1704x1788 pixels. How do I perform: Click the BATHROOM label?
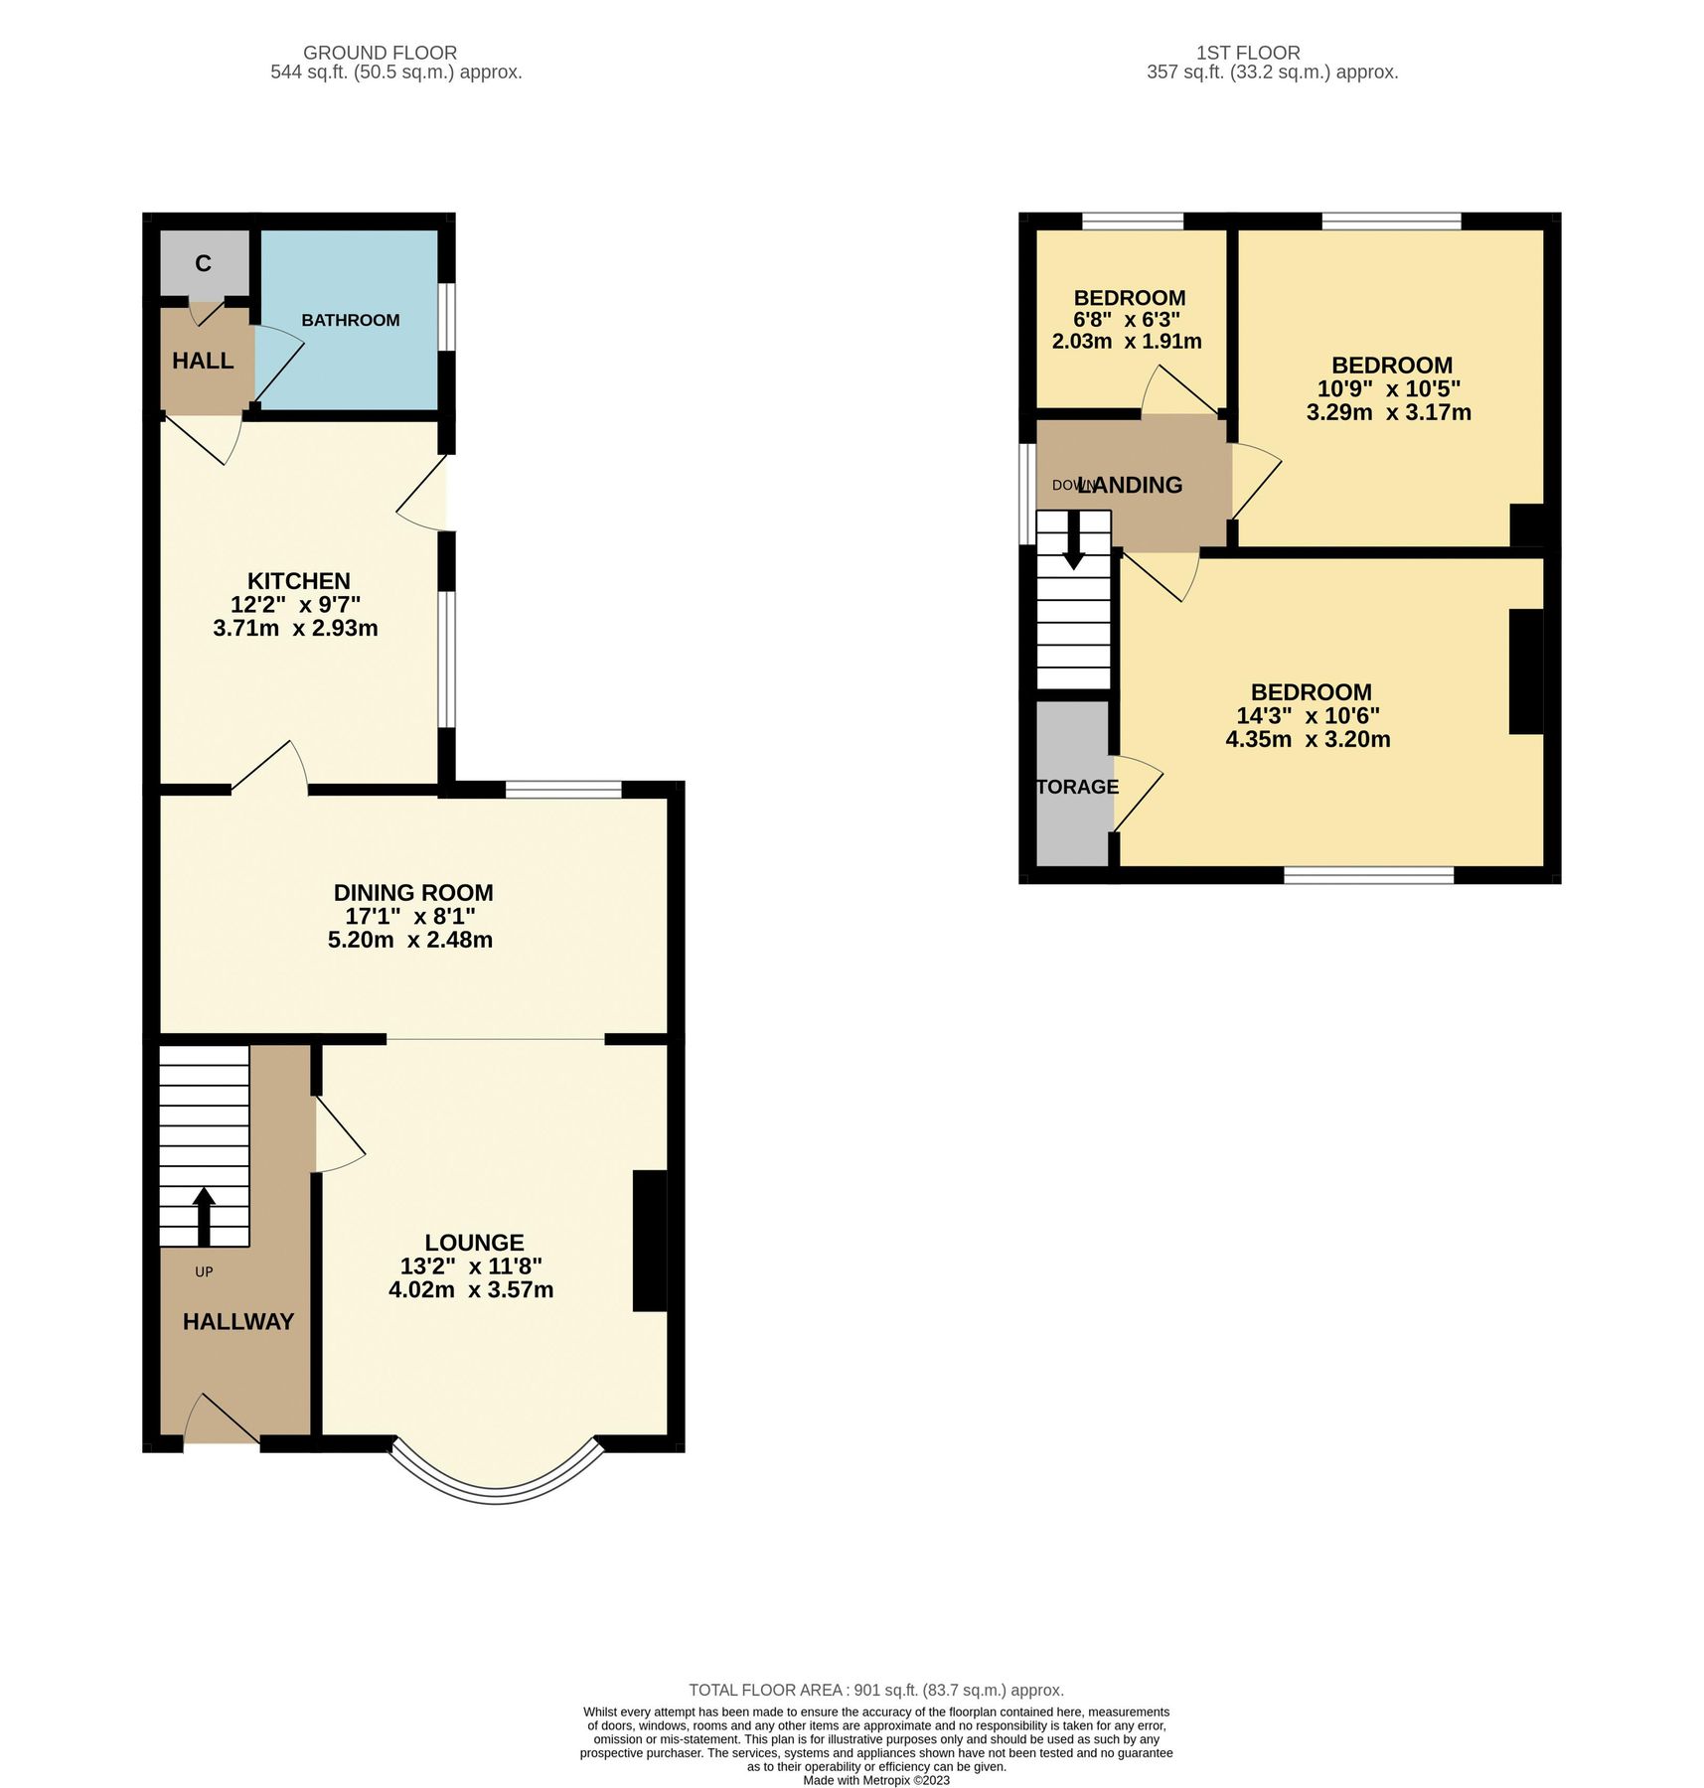(350, 320)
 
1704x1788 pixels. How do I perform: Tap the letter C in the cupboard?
(203, 263)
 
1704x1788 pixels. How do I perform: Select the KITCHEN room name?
(298, 581)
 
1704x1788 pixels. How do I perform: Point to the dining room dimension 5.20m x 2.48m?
(409, 940)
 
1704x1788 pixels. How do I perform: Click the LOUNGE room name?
(474, 1243)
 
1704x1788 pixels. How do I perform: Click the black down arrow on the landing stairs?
(1073, 540)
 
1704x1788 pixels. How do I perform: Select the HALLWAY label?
(238, 1322)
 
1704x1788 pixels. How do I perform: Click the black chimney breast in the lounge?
(649, 1242)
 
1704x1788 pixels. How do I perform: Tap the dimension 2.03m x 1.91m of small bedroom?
(1127, 342)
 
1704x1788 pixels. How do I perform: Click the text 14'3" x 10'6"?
(1308, 716)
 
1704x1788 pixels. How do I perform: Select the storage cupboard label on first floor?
(1077, 787)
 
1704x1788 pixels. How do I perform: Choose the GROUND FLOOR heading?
(380, 53)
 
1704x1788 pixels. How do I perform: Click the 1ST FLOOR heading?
(1248, 53)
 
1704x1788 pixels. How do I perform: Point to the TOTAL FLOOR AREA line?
(876, 1690)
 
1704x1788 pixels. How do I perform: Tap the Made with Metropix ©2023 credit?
(876, 1780)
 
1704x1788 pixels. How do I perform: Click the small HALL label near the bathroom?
(203, 361)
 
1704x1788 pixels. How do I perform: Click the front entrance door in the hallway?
(221, 1421)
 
